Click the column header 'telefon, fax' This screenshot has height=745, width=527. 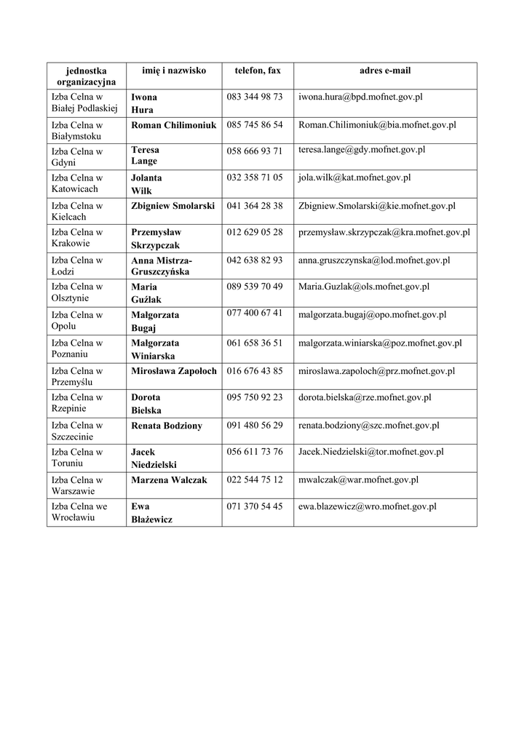pos(257,71)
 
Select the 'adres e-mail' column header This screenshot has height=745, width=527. pos(384,71)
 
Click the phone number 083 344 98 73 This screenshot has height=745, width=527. pos(255,96)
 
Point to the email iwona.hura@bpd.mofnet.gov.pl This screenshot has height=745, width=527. pos(360,96)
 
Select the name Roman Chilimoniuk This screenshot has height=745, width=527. pos(174,125)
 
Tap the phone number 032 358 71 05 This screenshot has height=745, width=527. pos(255,178)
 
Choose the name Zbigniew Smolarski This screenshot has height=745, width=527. pos(173,206)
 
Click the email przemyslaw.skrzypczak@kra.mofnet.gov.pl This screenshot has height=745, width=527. pos(384,232)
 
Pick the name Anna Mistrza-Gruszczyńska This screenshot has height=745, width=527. pos(162,266)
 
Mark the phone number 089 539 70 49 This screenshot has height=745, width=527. pos(255,287)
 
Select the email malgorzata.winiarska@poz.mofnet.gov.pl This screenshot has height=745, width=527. pos(380,343)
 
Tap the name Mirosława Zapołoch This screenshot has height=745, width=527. pos(174,371)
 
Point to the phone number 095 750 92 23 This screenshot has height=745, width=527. pos(255,397)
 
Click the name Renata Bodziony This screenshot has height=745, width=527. pos(167,426)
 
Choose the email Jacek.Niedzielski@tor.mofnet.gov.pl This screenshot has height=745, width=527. pos(371,452)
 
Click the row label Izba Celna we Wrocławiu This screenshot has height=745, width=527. pos(79,511)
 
